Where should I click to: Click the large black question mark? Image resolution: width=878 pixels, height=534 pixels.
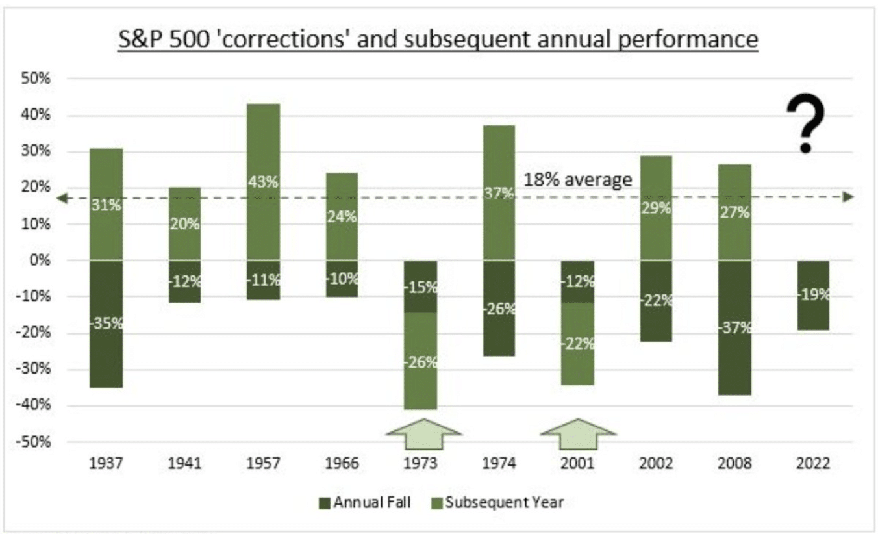(805, 123)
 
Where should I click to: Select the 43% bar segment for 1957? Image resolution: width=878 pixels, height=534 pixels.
(263, 182)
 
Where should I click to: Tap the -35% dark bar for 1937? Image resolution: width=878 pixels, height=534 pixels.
(106, 324)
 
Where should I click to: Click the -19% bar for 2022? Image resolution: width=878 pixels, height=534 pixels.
(813, 295)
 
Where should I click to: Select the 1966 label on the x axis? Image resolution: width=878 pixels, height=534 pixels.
(342, 464)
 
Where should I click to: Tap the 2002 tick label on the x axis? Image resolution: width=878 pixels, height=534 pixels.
(656, 464)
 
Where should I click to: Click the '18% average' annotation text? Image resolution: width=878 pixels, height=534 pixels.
(577, 179)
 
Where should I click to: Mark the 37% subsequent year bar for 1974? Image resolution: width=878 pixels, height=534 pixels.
(499, 193)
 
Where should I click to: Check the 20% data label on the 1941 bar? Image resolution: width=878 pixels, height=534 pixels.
(185, 224)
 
